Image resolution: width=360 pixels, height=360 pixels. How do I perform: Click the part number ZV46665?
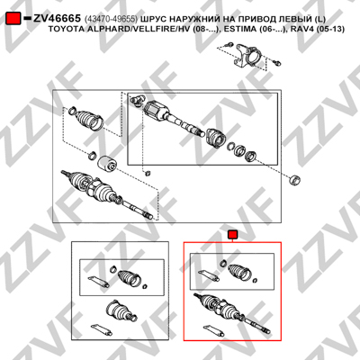(x=57, y=19)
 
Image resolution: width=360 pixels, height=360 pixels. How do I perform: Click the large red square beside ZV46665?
(x=13, y=19)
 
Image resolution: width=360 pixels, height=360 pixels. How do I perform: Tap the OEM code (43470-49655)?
(x=111, y=19)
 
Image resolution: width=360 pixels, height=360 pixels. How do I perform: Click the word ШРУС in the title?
(x=153, y=19)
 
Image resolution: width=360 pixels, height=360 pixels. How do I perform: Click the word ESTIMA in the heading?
(x=247, y=30)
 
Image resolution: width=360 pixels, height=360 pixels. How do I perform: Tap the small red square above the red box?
(x=232, y=235)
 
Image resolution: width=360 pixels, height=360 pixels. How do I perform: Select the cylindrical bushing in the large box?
(x=107, y=164)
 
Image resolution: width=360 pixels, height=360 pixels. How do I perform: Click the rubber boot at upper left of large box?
(x=89, y=120)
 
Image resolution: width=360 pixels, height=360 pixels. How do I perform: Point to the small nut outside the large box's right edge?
(x=294, y=180)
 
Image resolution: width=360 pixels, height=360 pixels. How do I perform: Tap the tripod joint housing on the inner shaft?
(x=156, y=112)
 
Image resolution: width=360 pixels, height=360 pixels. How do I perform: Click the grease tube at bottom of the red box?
(x=214, y=330)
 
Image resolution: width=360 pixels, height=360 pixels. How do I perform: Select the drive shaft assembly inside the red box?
(x=232, y=313)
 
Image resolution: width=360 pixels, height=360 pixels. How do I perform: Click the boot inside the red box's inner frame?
(x=240, y=271)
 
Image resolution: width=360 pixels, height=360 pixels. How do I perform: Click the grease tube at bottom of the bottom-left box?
(x=102, y=329)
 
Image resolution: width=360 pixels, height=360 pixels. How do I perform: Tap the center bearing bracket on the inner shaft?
(x=216, y=138)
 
